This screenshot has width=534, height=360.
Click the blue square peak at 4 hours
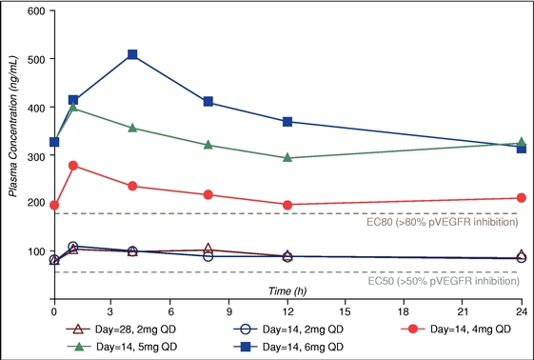coord(132,54)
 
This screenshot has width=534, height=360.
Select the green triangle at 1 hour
coord(73,107)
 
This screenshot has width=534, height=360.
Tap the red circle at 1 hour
coord(73,166)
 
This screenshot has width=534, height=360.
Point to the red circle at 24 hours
coord(522,198)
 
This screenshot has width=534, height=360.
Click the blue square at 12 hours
coord(287,122)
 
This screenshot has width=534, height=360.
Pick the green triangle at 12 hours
coord(287,157)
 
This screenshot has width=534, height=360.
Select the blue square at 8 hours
coord(208,102)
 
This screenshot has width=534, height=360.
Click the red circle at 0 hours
coord(54,205)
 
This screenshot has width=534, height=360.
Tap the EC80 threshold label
coord(443,223)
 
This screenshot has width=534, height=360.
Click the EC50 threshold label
coord(444,281)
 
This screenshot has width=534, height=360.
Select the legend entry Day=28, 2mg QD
coord(121,330)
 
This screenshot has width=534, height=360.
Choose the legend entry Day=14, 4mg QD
coord(456,329)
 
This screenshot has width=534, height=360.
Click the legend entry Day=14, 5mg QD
coord(123,347)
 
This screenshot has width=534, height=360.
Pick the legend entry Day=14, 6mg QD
coord(288,347)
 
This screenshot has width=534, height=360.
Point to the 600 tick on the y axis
coord(52,10)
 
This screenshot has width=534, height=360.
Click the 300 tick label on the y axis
coord(36,155)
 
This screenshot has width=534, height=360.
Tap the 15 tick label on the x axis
coord(345,311)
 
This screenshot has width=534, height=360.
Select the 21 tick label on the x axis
coord(463,311)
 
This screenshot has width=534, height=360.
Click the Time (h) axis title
coord(287,291)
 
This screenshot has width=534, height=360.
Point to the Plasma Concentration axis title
coord(13,127)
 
